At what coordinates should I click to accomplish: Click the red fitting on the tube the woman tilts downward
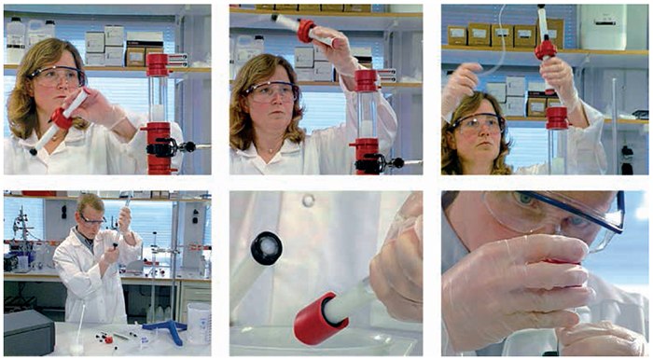pos(63,118)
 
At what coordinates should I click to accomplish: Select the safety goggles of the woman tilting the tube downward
pos(57,76)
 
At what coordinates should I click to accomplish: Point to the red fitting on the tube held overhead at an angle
pos(308,30)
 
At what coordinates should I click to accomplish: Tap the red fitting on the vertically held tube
pos(545,49)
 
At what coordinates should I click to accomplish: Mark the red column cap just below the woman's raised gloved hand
pos(557,118)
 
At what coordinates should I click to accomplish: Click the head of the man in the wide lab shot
pos(90,211)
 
